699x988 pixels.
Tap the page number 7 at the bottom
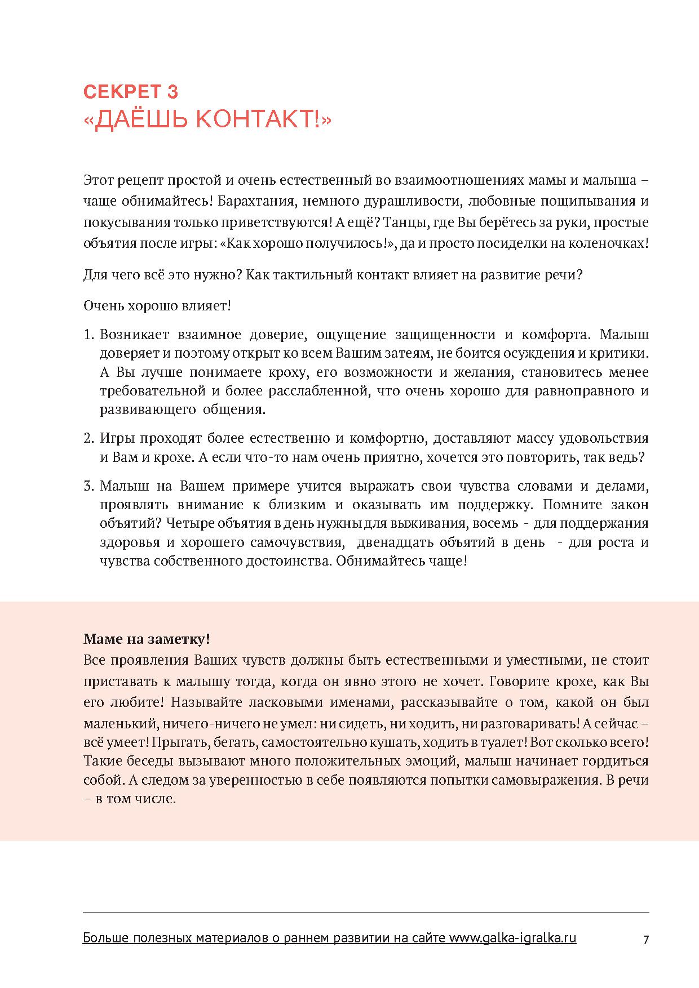coord(645,940)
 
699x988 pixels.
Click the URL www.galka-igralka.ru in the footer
coord(512,938)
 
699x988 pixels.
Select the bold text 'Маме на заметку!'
coord(147,639)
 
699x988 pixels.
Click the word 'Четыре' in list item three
coord(187,523)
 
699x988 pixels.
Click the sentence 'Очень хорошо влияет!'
coord(157,306)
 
